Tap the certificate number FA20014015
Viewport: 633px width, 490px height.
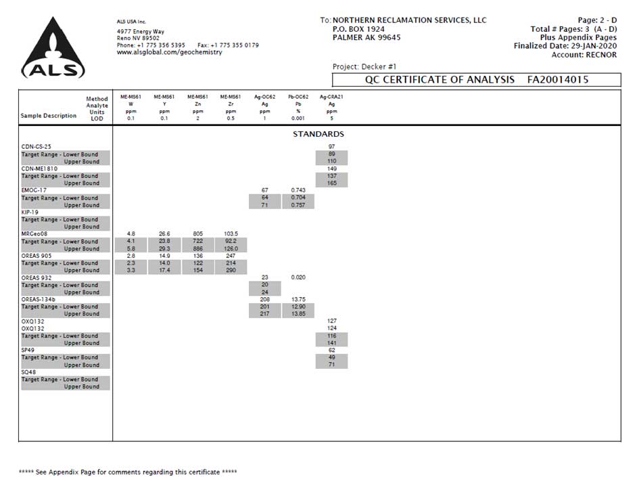pos(558,80)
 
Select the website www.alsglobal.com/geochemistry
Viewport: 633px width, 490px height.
pos(170,52)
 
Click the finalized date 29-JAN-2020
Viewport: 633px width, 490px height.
pos(594,45)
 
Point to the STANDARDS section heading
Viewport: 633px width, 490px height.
pos(319,134)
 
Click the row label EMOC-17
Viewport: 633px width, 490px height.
pos(34,190)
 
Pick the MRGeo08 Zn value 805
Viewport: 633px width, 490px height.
pos(197,234)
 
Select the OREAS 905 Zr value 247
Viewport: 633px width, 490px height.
pos(231,256)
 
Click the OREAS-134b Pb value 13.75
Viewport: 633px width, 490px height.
pos(298,299)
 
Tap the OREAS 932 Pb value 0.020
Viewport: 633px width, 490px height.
pos(298,277)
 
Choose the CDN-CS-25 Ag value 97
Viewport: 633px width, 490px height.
pos(332,147)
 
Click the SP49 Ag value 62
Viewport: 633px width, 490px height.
pos(332,350)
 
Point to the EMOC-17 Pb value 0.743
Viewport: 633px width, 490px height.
pos(298,190)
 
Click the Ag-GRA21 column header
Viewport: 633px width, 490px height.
pos(331,97)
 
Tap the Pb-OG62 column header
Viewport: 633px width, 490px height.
pos(298,97)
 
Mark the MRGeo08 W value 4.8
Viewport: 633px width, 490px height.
pos(131,234)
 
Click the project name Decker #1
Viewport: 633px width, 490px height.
pos(379,66)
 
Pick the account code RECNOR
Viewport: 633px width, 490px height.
pos(601,55)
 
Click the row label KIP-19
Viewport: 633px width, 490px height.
pos(30,212)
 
